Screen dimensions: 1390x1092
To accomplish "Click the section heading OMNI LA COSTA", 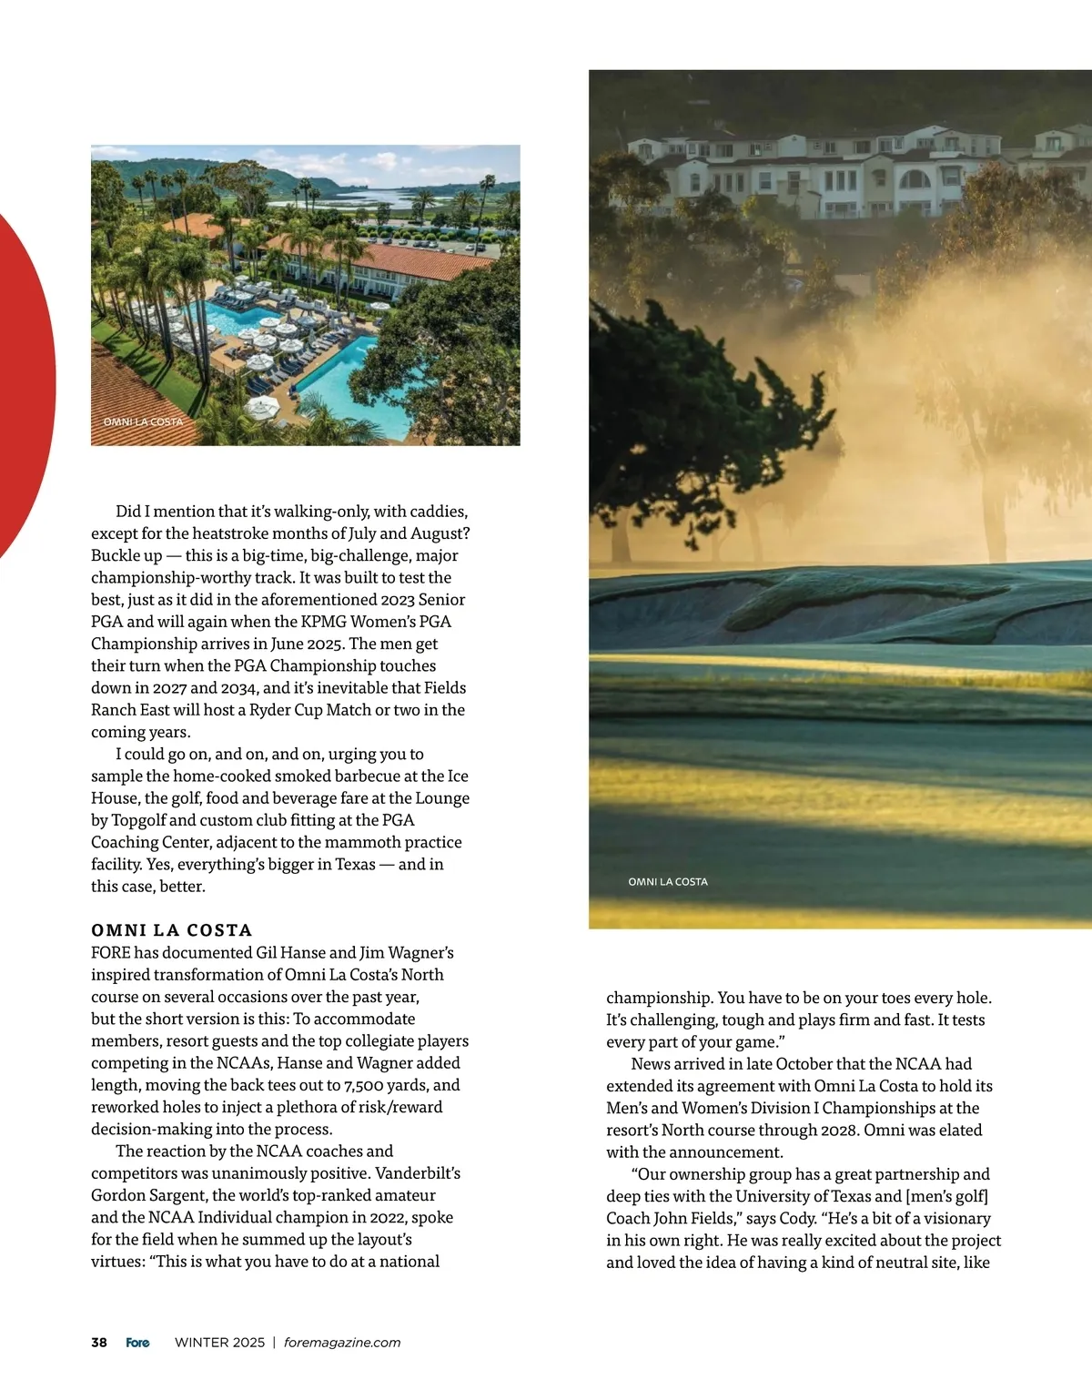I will [171, 930].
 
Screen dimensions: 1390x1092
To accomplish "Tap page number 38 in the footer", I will [99, 1343].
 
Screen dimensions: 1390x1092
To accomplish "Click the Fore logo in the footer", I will [137, 1343].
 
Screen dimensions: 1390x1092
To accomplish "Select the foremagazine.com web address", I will [342, 1343].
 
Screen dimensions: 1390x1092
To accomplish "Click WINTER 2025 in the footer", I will [219, 1343].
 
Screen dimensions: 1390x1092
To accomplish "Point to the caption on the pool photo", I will [143, 422].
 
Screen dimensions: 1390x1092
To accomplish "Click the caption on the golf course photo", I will [667, 882].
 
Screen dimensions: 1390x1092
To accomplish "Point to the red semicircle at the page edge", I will [25, 382].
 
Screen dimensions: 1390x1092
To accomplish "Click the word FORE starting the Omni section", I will [110, 953].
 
